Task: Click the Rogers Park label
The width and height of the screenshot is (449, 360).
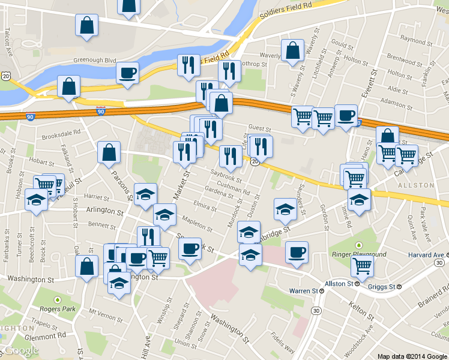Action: coord(62,309)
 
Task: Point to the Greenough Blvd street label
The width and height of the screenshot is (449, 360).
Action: coord(94,60)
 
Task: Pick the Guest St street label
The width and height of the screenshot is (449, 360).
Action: coord(259,128)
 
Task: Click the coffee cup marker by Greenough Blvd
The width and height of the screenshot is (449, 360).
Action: coord(127,74)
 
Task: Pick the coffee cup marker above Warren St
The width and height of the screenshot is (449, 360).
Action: coord(296,253)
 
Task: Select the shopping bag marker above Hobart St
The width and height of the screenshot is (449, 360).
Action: coord(108,153)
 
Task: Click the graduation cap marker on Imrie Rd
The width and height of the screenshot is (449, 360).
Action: coord(359,199)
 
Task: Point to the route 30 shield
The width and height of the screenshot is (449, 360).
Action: coord(316,310)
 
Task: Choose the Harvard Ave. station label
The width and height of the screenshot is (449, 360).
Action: coord(422,254)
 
